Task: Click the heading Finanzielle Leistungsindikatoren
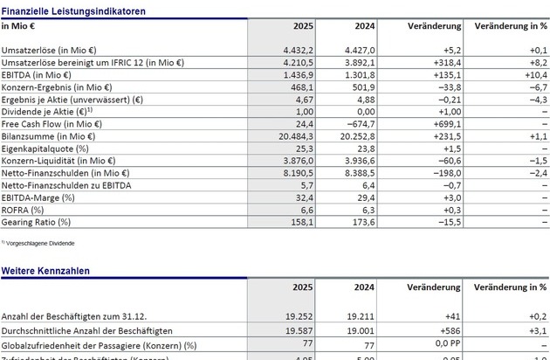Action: pos(73,11)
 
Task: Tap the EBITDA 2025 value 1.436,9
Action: pos(283,76)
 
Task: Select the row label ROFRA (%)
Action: pos(24,210)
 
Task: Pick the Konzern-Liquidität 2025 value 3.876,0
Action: pos(283,161)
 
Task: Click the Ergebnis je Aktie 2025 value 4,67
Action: pos(289,100)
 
